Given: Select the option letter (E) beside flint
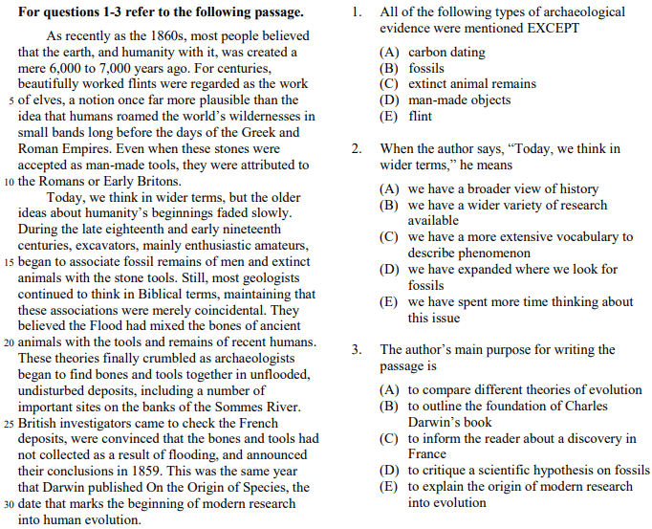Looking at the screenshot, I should (x=389, y=116).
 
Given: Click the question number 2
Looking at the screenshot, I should (x=356, y=149).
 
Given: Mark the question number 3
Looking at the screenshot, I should (x=356, y=349).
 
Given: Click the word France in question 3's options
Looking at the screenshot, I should (x=427, y=454).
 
